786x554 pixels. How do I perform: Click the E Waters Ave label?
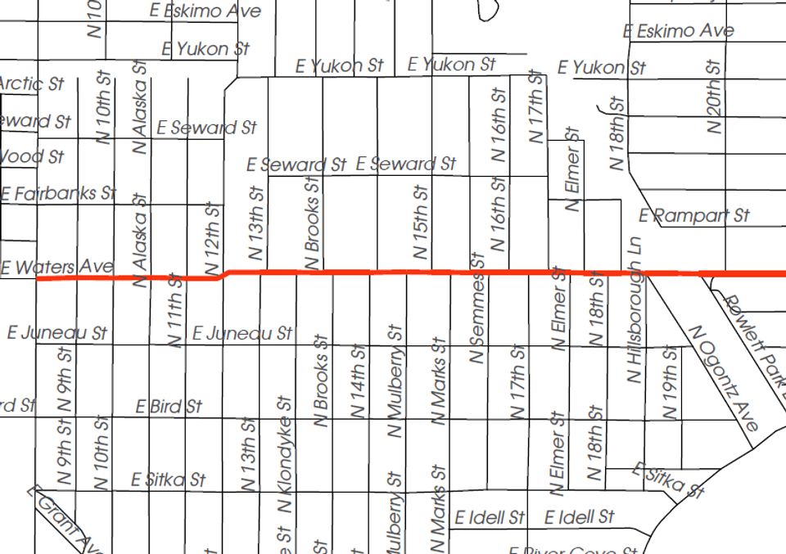57,267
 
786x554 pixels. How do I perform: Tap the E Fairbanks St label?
59,194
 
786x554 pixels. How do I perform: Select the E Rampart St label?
694,216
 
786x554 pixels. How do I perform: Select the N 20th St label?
714,97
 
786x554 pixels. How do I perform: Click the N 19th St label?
671,383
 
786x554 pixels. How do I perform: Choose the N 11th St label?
174,310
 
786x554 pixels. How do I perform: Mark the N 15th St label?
421,223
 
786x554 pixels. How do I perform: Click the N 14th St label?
358,381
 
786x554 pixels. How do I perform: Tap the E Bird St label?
169,406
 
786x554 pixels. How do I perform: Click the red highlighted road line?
491,272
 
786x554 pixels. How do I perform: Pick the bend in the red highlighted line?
224,274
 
